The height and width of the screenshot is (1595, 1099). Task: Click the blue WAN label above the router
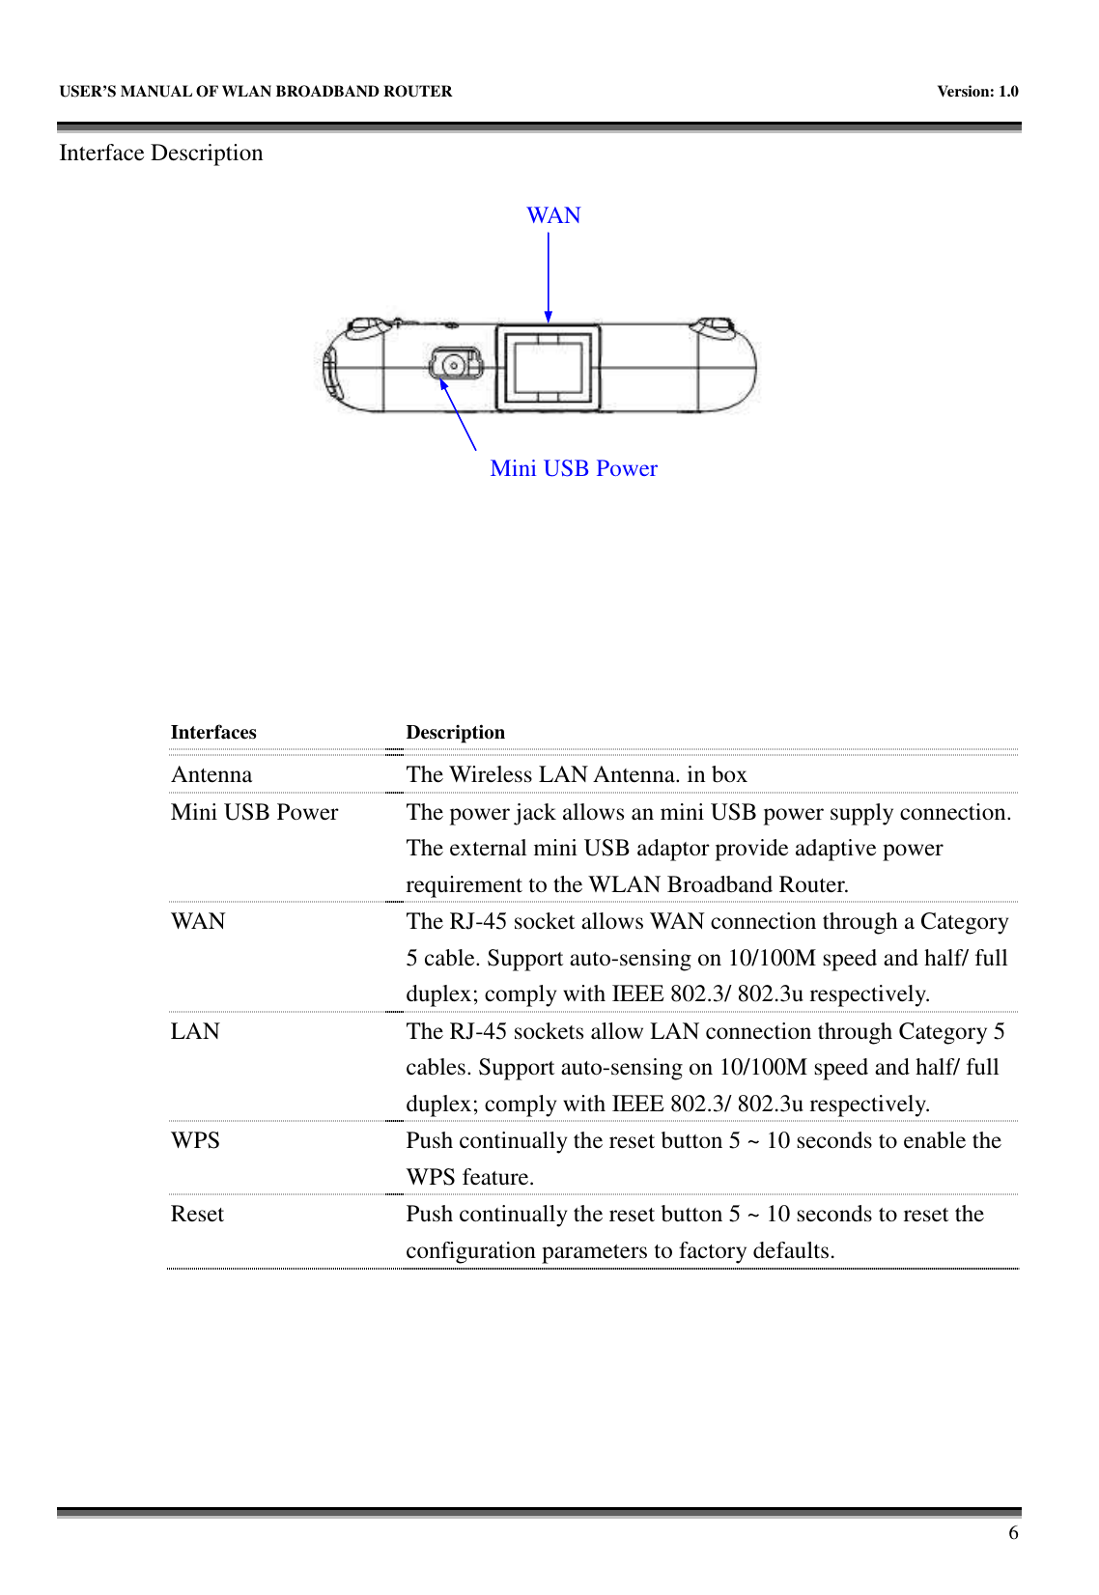point(553,215)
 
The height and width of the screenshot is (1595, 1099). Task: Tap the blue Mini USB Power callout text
point(574,468)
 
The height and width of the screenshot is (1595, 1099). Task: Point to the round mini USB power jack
point(452,365)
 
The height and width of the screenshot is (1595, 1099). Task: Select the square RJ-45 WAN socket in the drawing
point(548,367)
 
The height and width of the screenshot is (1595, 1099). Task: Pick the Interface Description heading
point(161,153)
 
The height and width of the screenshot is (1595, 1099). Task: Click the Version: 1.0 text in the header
point(977,92)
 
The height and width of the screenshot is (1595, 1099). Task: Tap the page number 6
point(1013,1533)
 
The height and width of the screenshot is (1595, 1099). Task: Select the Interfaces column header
point(213,732)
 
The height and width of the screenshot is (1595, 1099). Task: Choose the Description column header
point(455,732)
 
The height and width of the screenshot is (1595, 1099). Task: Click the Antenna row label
point(211,774)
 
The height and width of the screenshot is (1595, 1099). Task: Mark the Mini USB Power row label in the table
point(254,812)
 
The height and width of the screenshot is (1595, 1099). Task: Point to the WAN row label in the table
point(198,921)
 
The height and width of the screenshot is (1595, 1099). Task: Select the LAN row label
point(195,1031)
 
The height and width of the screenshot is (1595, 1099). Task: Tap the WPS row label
point(195,1140)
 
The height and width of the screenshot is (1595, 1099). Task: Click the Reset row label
point(197,1214)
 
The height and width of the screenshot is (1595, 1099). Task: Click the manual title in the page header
point(256,92)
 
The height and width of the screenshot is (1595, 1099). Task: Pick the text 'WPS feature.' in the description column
point(469,1177)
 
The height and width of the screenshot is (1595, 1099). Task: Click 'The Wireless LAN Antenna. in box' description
point(577,774)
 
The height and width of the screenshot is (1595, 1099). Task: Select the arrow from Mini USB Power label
point(459,415)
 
